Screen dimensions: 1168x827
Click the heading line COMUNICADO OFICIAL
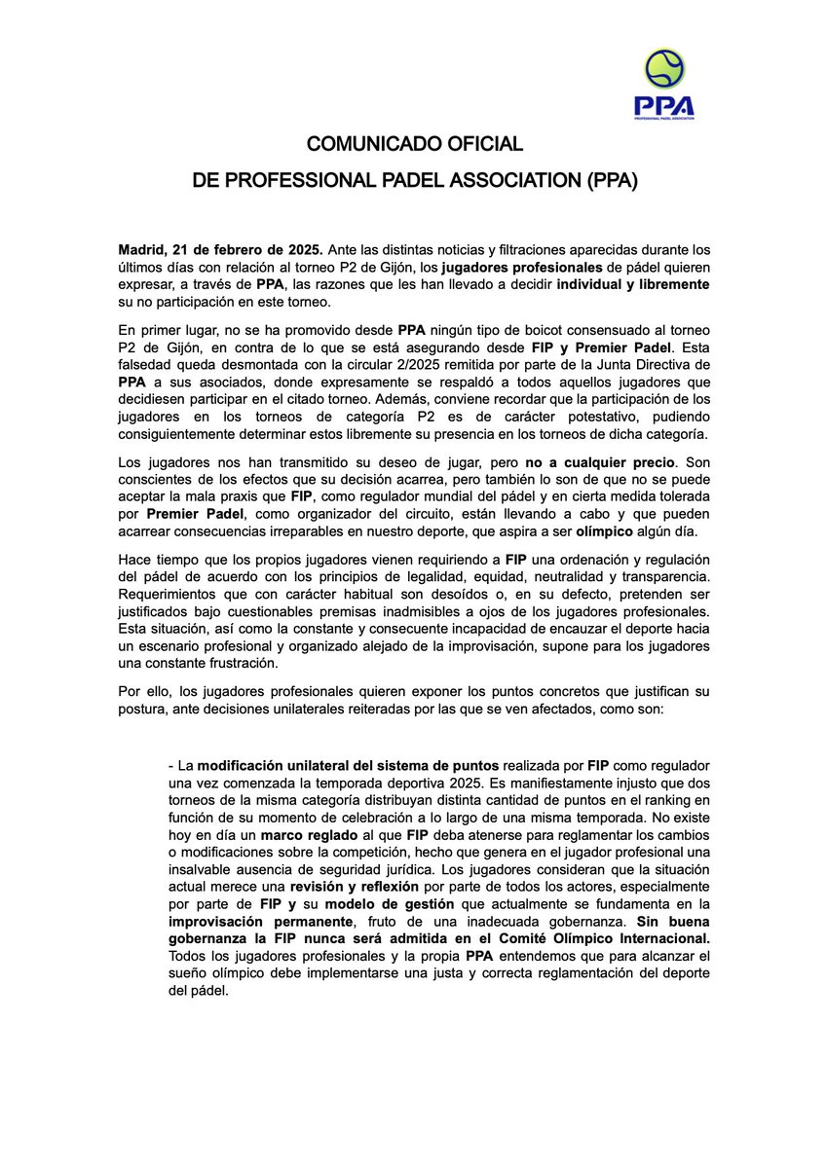pos(415,144)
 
